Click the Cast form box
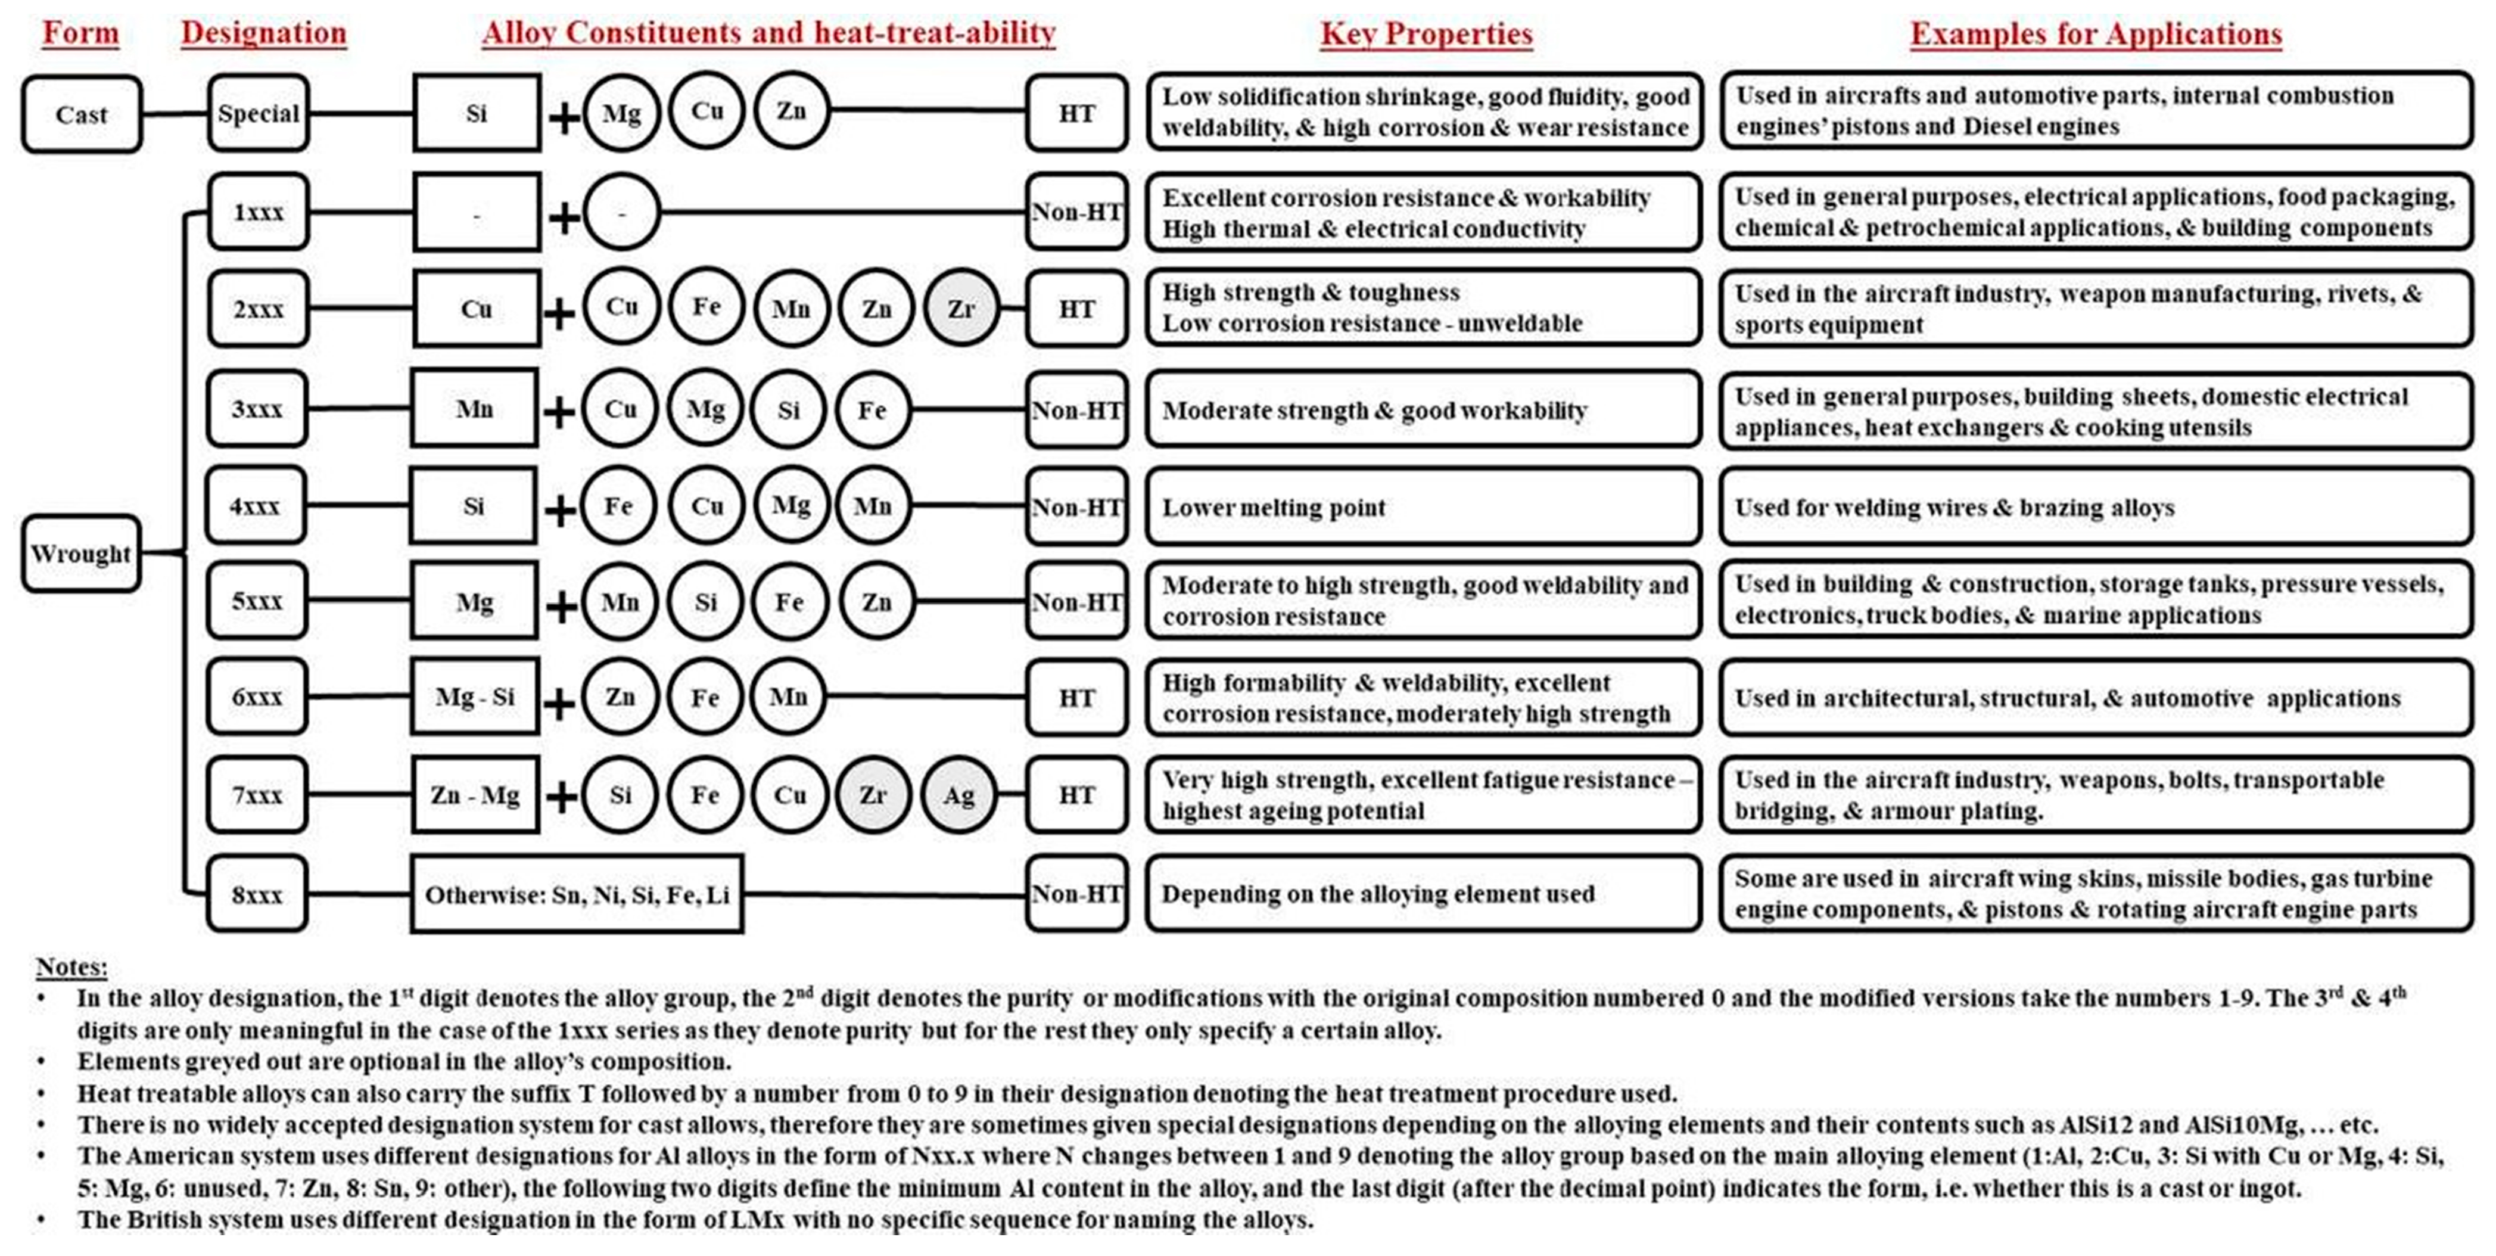click(x=82, y=114)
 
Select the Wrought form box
click(x=80, y=554)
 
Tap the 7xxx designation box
click(x=257, y=795)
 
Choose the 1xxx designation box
click(x=258, y=212)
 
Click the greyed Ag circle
click(x=958, y=795)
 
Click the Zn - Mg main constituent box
click(x=475, y=795)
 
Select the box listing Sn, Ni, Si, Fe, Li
click(x=577, y=894)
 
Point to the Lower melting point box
click(x=1423, y=507)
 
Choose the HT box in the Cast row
click(x=1076, y=113)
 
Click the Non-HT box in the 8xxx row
click(x=1076, y=894)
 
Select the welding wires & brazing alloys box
click(x=2096, y=507)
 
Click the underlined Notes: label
click(x=71, y=966)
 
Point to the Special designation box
click(x=259, y=113)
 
